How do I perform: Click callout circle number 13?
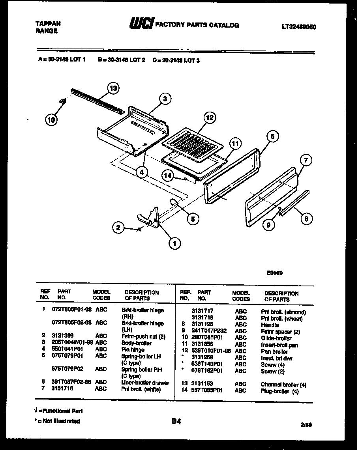pos(113,88)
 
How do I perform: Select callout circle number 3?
pos(165,99)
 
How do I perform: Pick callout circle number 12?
pos(210,118)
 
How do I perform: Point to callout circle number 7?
pos(306,160)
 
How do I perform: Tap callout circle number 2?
pos(117,227)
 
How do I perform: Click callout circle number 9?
pos(268,225)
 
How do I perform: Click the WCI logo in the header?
pos(141,24)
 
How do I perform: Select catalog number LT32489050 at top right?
pos(299,27)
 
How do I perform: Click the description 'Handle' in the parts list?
pos(270,325)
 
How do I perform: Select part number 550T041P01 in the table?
pos(68,349)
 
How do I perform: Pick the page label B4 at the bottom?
pos(176,422)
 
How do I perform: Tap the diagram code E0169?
pos(275,273)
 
